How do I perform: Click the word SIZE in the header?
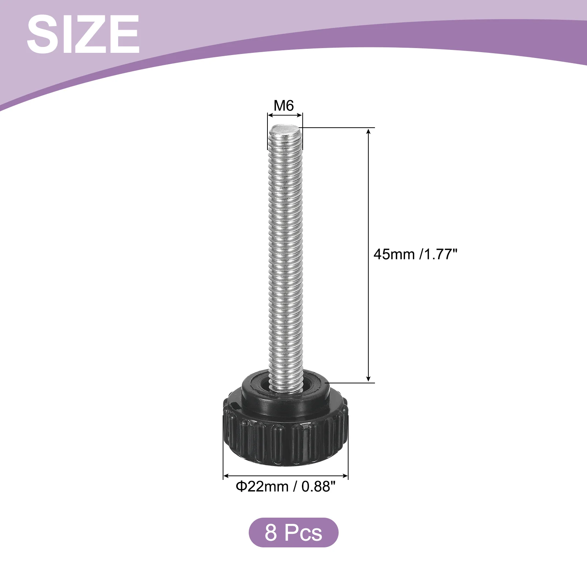83,34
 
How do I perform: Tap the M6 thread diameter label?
284,106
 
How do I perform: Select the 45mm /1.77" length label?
416,254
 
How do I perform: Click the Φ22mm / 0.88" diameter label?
285,486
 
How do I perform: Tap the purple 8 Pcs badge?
293,532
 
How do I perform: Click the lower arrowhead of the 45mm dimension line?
369,379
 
